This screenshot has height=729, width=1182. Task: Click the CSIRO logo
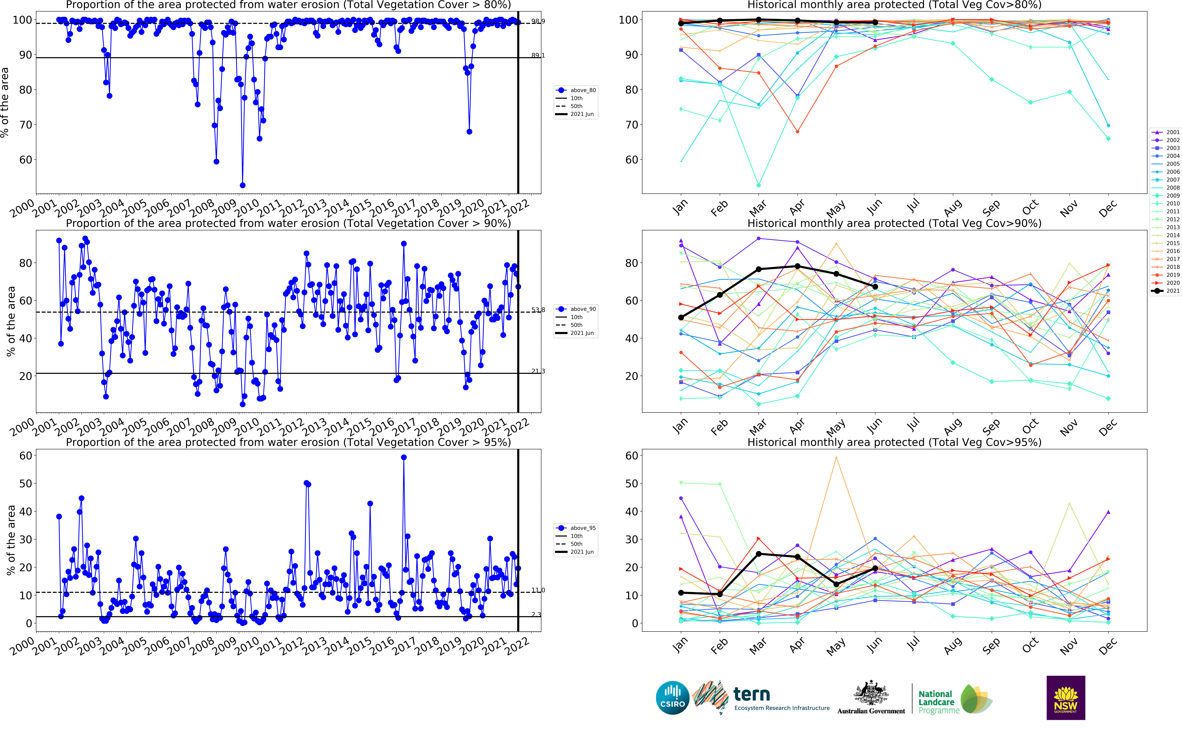(672, 698)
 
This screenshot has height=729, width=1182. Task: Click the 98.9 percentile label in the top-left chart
(538, 21)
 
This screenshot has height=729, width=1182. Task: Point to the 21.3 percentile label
(538, 371)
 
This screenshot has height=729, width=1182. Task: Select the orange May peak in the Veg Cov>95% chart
(836, 458)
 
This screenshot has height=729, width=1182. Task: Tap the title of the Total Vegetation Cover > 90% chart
(288, 223)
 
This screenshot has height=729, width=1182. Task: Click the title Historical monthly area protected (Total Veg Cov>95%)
(894, 442)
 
